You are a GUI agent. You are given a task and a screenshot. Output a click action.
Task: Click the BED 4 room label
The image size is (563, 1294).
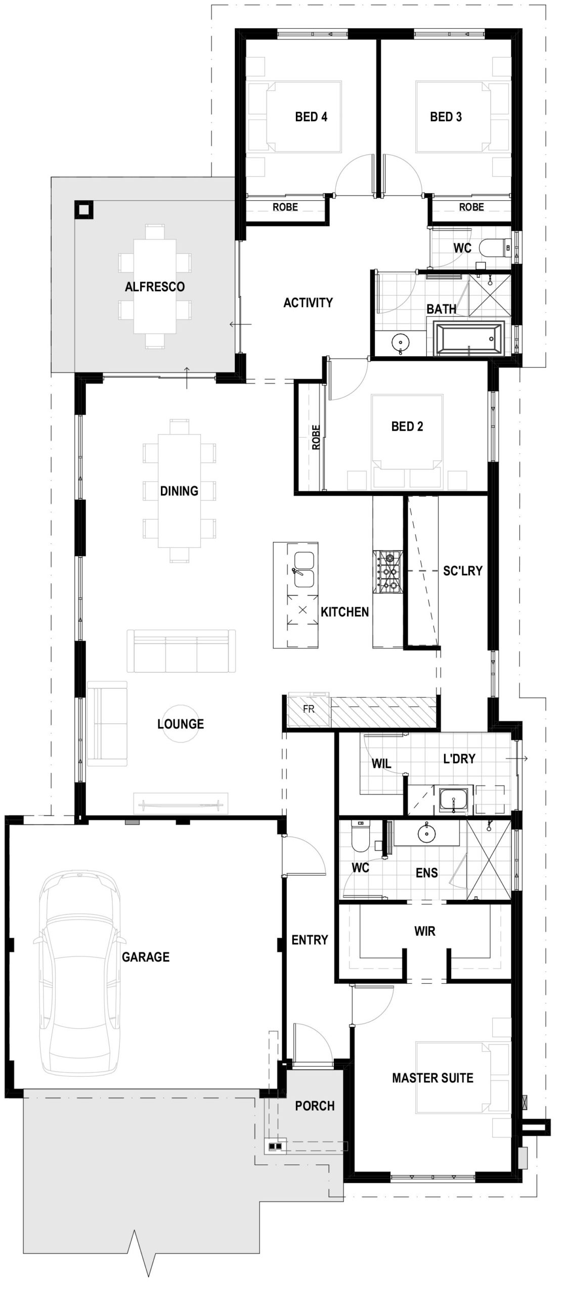tap(311, 117)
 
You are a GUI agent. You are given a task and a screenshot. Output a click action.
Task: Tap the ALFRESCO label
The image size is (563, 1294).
tap(155, 287)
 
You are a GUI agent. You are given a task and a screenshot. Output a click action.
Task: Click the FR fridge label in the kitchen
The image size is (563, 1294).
tap(309, 709)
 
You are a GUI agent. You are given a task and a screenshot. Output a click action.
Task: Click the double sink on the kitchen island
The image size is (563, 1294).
tap(304, 571)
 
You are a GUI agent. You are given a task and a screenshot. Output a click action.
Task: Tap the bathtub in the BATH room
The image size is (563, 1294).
tap(469, 338)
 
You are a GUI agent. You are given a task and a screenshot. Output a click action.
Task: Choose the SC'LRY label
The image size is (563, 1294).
tap(462, 571)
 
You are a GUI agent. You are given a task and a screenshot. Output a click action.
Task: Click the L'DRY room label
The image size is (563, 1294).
tap(459, 758)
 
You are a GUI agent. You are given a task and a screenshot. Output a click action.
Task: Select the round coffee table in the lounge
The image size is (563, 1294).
tap(180, 724)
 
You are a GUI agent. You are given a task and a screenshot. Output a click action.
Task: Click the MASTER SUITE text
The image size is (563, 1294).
tap(432, 1078)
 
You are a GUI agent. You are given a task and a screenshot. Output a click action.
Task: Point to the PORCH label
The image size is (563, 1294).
tap(315, 1106)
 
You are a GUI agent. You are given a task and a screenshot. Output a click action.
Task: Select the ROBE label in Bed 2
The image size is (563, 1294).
tap(316, 437)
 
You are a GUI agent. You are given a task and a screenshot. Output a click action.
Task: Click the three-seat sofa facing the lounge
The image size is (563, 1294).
tap(181, 651)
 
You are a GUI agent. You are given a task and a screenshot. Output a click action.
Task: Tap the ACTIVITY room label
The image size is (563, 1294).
tap(308, 303)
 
